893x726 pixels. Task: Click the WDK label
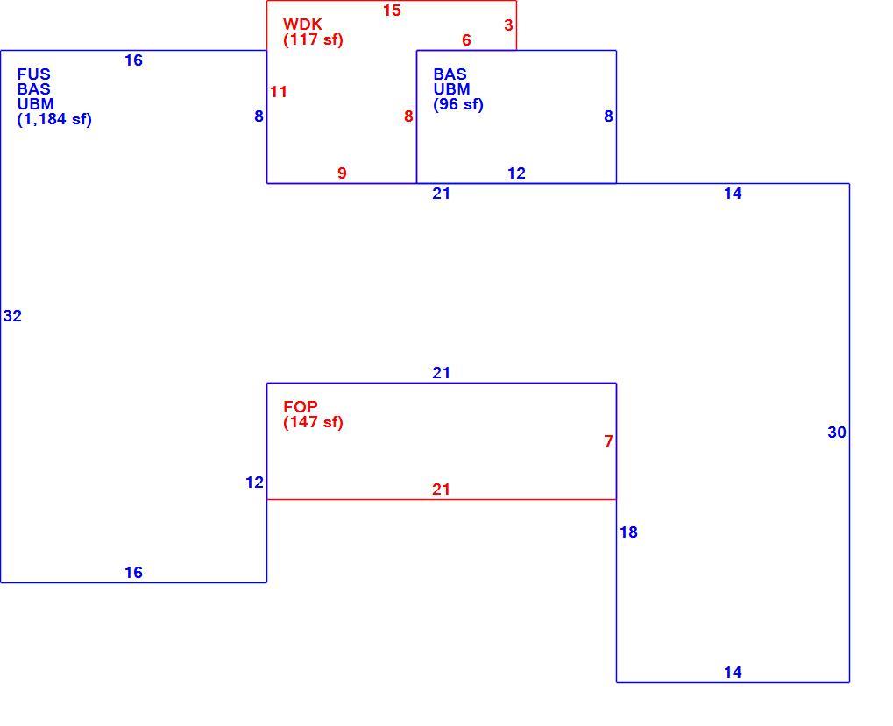click(302, 25)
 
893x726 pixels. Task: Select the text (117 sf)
click(313, 39)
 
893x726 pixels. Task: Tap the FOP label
click(301, 407)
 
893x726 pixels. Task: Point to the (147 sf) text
click(313, 422)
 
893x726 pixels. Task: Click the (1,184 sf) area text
click(54, 119)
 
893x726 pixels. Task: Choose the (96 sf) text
click(457, 105)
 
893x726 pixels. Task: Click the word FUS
click(33, 74)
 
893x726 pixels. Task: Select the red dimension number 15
click(392, 11)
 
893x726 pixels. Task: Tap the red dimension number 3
click(508, 25)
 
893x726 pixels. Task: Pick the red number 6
click(466, 39)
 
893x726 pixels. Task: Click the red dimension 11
click(279, 92)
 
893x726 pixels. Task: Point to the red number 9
click(342, 173)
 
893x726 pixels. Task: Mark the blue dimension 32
click(12, 316)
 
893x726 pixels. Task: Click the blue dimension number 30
click(837, 433)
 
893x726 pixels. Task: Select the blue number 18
click(628, 532)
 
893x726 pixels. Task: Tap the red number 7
click(608, 441)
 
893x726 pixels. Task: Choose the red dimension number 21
click(441, 490)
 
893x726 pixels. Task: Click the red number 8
click(408, 116)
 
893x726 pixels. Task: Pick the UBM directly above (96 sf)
click(451, 89)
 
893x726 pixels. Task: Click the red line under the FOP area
click(442, 499)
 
